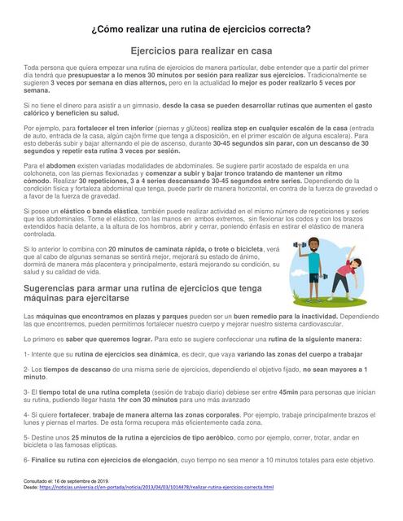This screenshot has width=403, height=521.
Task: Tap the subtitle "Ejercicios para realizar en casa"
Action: tap(201, 50)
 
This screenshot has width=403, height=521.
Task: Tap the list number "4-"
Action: tap(28, 415)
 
